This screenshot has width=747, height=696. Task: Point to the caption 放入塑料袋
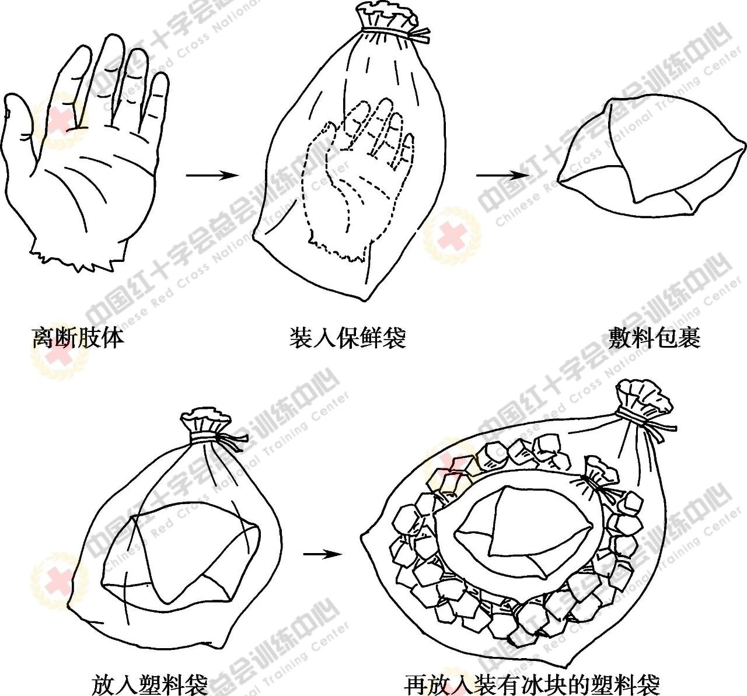pos(150,685)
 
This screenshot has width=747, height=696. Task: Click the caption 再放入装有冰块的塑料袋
pos(532,685)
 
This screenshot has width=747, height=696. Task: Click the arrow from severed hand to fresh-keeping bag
pos(212,175)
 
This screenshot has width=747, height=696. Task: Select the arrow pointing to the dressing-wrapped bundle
pos(502,175)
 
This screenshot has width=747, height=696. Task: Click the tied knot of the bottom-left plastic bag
pos(211,427)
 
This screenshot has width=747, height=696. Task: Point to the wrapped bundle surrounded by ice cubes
pos(523,529)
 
